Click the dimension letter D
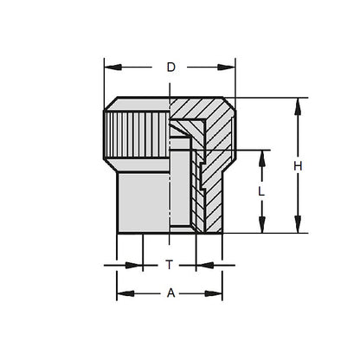tap(170, 66)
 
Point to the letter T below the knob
tap(170, 264)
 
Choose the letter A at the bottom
tap(170, 292)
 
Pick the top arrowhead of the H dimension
tap(299, 101)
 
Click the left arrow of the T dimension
tap(138, 264)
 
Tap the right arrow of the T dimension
tap(201, 264)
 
